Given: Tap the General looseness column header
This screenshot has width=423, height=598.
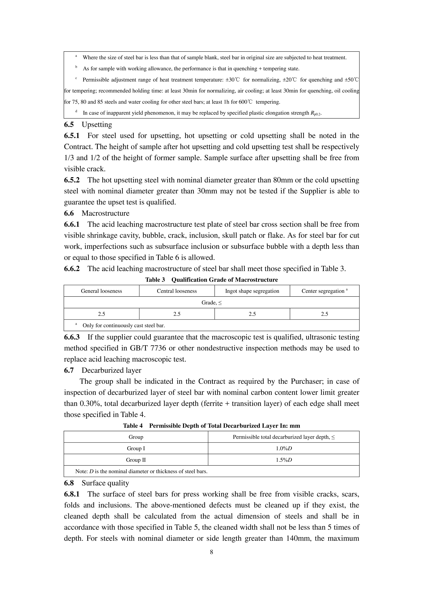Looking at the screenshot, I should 101,291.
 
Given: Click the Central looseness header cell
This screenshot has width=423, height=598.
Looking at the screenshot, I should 177,291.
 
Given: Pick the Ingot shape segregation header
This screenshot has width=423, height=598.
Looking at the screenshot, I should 252,291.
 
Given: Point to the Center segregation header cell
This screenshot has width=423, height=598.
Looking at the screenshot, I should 324,291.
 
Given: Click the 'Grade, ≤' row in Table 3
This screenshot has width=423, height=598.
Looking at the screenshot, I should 211,303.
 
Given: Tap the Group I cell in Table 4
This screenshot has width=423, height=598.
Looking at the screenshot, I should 136,448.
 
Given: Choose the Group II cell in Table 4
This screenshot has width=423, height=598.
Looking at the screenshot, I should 136,460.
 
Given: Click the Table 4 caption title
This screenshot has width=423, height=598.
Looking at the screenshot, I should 211,426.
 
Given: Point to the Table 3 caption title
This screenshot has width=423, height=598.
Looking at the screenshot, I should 211,280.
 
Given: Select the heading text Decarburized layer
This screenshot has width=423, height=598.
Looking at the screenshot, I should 111,370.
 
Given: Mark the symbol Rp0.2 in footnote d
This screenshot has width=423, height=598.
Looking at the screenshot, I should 316,113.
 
